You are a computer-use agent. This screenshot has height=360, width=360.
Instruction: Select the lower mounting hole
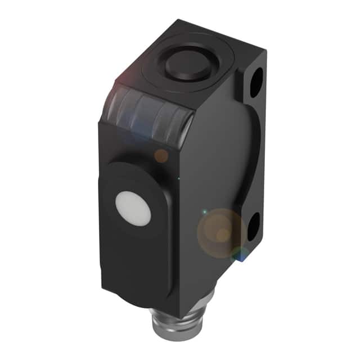[254, 225]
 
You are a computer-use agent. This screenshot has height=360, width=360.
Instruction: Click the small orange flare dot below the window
[161, 156]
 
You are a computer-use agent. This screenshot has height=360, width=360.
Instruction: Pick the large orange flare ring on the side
[220, 231]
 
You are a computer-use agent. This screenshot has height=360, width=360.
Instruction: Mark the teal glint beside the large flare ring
[205, 212]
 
